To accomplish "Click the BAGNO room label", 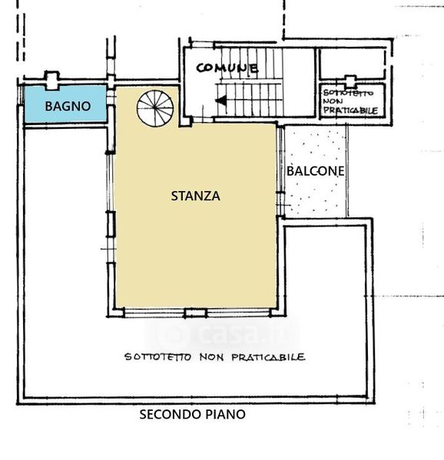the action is point(68,107).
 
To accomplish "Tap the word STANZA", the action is point(196,196).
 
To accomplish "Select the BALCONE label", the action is point(315,171).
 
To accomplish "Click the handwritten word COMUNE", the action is point(227,68).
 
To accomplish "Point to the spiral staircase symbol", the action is point(155,109).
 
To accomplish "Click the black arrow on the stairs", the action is point(221,100).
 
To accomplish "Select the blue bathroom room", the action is point(65,103).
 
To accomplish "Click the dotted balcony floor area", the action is point(316,172).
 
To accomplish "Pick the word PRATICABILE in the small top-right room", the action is point(350,110).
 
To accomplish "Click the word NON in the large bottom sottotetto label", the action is point(211,357).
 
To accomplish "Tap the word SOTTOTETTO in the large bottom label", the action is point(157,357).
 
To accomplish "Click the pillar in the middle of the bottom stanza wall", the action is point(195,313).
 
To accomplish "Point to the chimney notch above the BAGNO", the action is point(51,80).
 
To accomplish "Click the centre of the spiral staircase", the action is point(155,108).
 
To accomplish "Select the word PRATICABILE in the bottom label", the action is point(268,357).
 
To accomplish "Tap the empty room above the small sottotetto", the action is point(352,64).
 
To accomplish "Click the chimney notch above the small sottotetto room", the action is point(350,81).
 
